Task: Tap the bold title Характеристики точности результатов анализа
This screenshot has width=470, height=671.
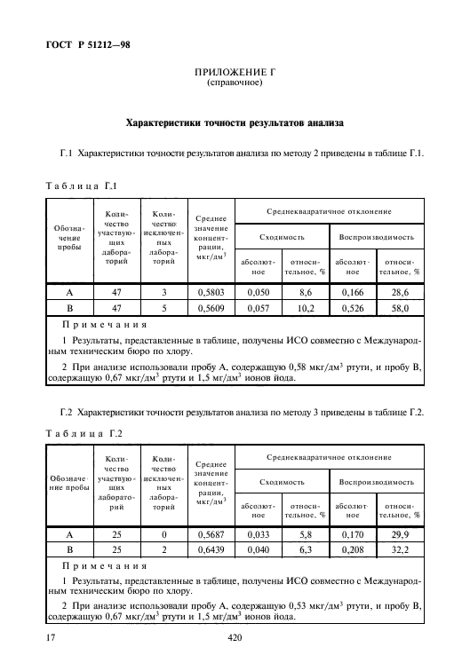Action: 234,122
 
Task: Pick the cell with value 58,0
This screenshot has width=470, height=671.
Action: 400,308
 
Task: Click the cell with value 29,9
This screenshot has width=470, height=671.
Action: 400,535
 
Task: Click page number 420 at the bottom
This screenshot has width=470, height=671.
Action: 235,638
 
